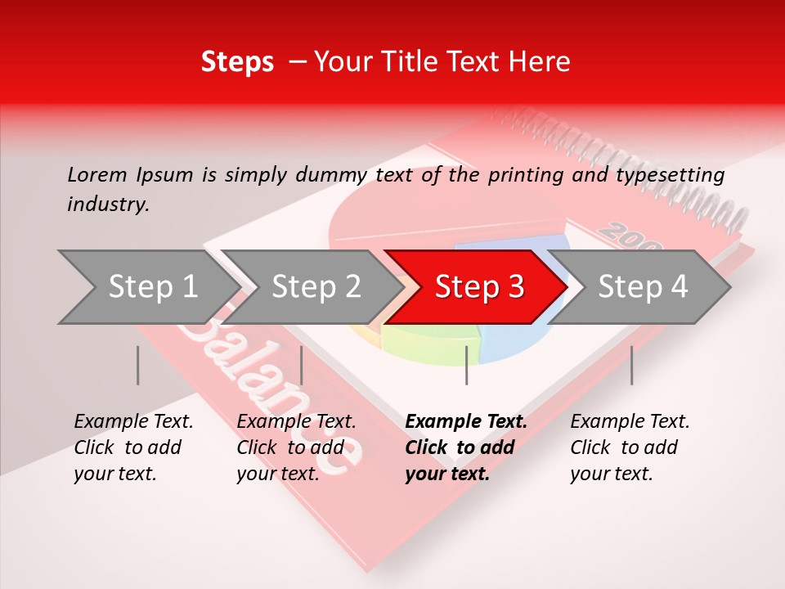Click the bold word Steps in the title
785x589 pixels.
(237, 62)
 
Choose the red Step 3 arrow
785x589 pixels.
(479, 287)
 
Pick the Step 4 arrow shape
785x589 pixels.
(643, 287)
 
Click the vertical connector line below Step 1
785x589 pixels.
(138, 365)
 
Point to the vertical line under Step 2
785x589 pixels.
(302, 365)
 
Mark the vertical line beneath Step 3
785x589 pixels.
(466, 365)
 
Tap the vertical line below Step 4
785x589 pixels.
(631, 365)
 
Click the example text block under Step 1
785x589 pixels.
(133, 447)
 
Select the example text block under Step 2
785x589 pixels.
(296, 447)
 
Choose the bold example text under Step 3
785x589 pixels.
(465, 447)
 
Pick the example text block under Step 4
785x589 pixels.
(630, 447)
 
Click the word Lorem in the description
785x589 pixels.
(97, 174)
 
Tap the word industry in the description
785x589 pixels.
(107, 204)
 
